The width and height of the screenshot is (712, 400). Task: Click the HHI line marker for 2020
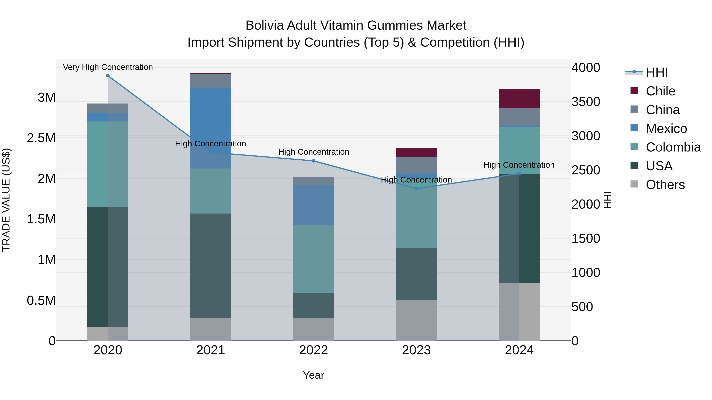[108, 76]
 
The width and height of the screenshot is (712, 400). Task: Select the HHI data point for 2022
[313, 161]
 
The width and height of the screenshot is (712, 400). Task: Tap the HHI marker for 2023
[417, 189]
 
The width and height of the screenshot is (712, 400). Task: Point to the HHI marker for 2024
[519, 174]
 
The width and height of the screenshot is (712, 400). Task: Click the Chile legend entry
[660, 91]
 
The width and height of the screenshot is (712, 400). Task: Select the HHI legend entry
[657, 72]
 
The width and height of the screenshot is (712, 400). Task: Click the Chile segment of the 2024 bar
[519, 99]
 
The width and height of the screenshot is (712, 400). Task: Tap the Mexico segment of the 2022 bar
[313, 205]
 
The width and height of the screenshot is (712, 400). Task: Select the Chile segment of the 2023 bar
[416, 152]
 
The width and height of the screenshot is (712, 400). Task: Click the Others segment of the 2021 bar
[211, 329]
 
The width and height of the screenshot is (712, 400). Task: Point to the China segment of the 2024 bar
[519, 117]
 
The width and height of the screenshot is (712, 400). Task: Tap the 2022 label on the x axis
[313, 350]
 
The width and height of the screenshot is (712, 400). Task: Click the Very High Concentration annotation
[108, 67]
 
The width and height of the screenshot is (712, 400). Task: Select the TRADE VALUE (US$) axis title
[6, 200]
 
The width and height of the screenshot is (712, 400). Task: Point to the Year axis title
[313, 375]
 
